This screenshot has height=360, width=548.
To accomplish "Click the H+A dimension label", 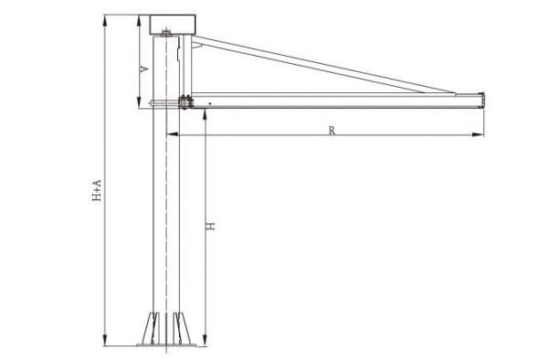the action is (x=97, y=190).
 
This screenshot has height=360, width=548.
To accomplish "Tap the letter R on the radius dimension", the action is (x=332, y=131).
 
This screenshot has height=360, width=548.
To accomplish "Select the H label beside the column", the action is (x=210, y=226).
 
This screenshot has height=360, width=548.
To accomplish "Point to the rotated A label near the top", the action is (x=144, y=69).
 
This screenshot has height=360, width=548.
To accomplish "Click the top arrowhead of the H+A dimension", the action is (x=104, y=20).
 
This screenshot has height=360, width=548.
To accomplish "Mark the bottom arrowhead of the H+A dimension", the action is (x=104, y=341).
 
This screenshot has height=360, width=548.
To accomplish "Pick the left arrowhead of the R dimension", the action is (x=173, y=134).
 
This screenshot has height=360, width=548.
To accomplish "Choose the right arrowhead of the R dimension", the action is (x=478, y=134).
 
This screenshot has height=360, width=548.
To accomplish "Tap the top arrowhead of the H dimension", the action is (x=205, y=114).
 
